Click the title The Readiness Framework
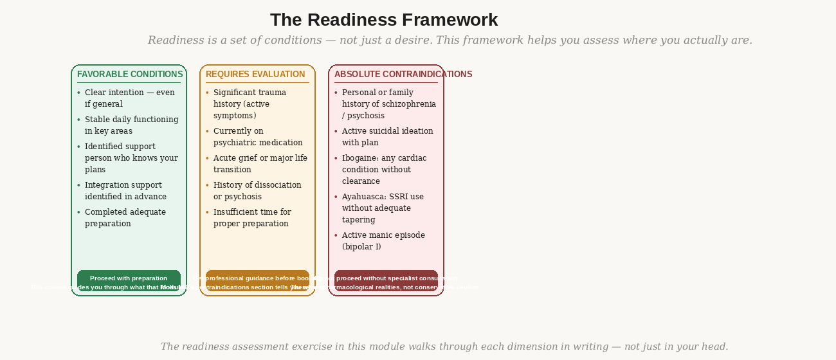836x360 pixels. (x=384, y=20)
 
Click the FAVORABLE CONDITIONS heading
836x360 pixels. (x=130, y=75)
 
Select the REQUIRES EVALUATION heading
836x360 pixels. (x=255, y=75)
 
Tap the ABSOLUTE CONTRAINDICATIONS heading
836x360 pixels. (x=403, y=75)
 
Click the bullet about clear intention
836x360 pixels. (x=130, y=98)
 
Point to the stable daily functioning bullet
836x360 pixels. (x=131, y=125)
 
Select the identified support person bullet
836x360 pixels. (x=131, y=158)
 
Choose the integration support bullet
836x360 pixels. (x=125, y=191)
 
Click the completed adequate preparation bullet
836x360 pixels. (x=125, y=218)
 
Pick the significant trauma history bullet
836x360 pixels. (x=250, y=104)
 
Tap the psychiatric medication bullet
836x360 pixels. (x=258, y=137)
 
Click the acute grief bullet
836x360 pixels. (x=260, y=164)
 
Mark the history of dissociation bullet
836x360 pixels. (x=257, y=191)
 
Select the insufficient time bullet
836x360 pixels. (x=252, y=218)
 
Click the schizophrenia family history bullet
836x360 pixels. (x=388, y=104)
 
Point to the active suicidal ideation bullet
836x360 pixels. (x=387, y=137)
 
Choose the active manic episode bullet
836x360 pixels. (x=383, y=241)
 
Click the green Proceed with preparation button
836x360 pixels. (x=129, y=279)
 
